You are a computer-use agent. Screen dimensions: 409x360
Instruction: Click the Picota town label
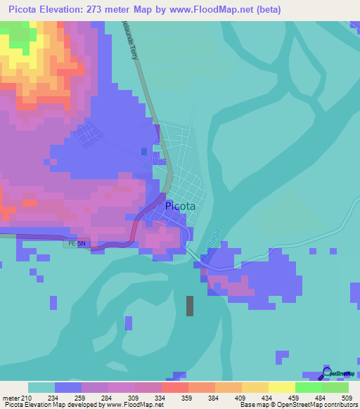(x=180, y=207)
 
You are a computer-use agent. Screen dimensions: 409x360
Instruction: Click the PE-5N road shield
(x=77, y=244)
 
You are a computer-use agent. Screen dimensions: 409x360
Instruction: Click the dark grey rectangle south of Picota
(x=189, y=306)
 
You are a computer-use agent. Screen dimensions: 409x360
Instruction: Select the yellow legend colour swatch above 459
(x=281, y=387)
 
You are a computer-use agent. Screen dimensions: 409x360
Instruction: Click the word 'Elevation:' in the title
(x=73, y=10)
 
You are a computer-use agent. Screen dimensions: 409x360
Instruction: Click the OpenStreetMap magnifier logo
(x=327, y=372)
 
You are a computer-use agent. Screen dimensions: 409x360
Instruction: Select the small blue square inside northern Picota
(x=144, y=151)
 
